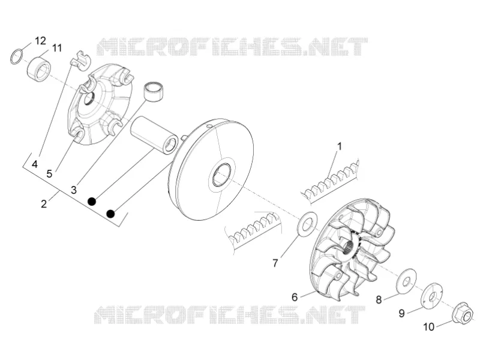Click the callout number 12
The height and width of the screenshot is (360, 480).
(40, 40)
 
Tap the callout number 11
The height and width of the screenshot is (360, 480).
(57, 48)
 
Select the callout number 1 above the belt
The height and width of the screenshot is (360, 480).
(339, 146)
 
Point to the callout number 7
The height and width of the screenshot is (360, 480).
(275, 263)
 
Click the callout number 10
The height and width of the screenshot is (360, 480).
(429, 327)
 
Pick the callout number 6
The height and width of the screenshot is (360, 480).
(295, 297)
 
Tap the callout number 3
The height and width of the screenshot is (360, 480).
(73, 190)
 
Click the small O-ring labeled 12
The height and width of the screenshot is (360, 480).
(17, 56)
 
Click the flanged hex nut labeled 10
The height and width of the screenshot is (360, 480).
(462, 314)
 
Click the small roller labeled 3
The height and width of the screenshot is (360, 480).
(154, 91)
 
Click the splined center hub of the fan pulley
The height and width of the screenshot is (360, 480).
(350, 245)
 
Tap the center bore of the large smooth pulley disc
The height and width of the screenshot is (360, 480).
(222, 175)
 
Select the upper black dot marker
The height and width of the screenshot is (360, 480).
(92, 201)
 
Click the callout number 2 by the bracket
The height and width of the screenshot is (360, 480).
(44, 204)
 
